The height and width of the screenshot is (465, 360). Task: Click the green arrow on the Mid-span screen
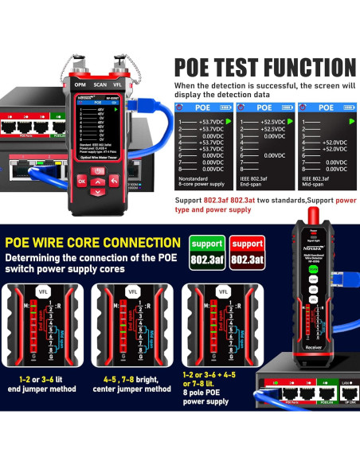point(350,122)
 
